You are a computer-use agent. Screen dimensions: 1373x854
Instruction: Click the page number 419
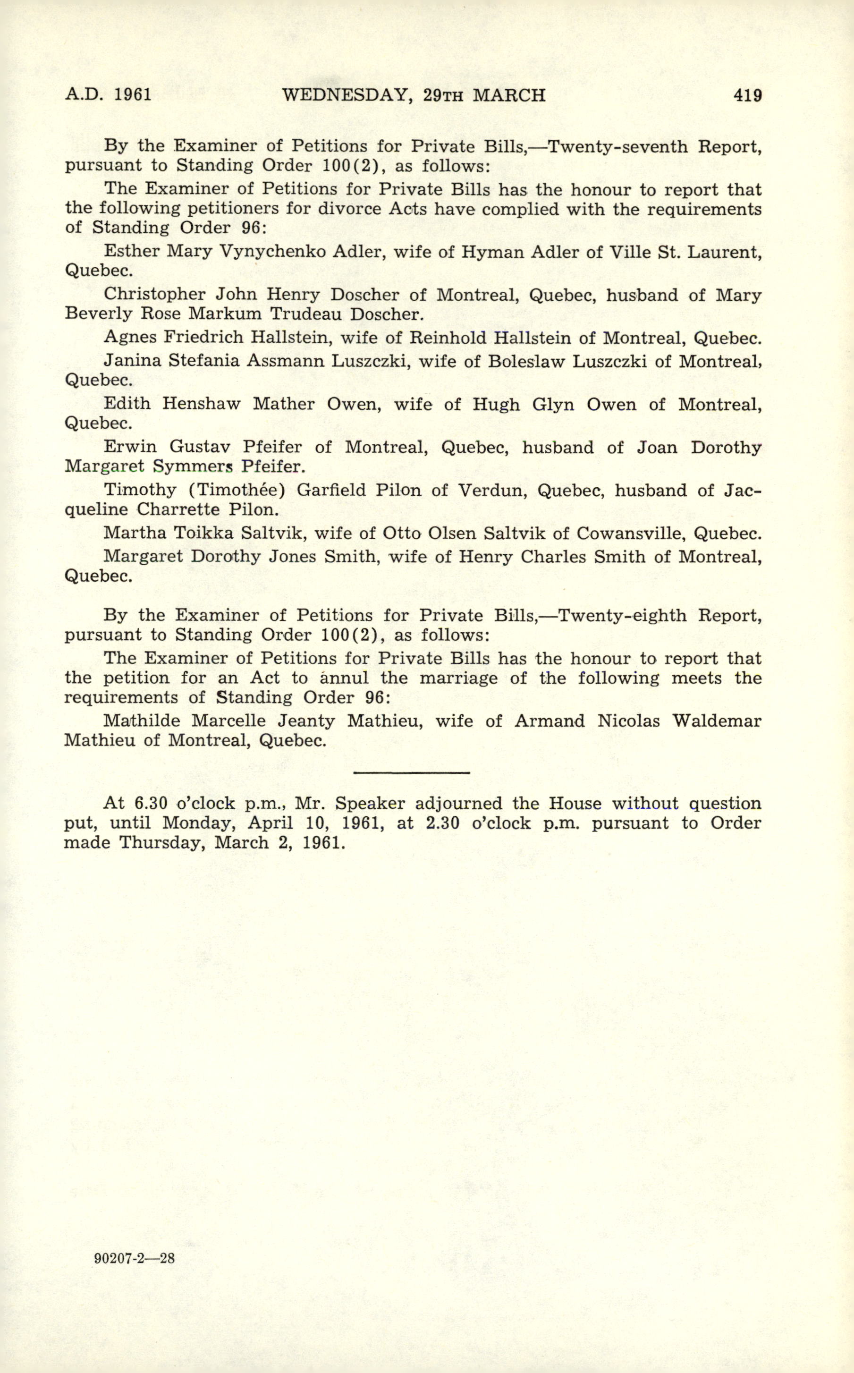(x=747, y=95)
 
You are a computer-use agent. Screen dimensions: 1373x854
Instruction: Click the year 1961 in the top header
(x=133, y=94)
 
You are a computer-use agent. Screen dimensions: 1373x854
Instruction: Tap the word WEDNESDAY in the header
(x=345, y=95)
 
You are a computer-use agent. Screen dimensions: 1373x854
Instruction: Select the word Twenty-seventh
(x=618, y=146)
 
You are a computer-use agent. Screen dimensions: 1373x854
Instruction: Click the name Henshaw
(x=202, y=404)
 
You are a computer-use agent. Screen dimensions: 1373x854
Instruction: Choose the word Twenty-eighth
(x=618, y=615)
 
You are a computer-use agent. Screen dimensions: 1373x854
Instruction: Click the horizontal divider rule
(x=411, y=772)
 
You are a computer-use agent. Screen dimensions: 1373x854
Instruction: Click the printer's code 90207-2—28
(x=135, y=1258)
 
